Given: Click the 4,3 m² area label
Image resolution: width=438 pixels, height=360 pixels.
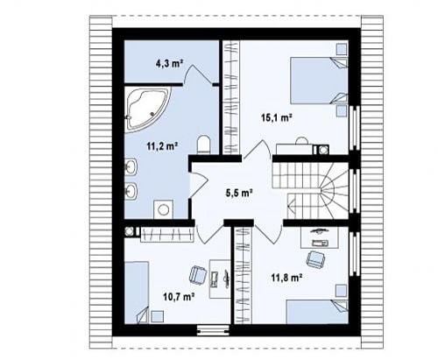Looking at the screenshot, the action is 169,63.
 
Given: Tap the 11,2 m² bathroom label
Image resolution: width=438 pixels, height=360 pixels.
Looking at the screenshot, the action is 162,146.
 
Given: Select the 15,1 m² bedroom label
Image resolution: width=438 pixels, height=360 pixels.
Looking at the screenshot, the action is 276,117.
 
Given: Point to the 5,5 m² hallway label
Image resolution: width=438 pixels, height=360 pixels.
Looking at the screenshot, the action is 238,193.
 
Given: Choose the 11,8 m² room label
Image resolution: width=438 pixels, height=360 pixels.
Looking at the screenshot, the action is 286,278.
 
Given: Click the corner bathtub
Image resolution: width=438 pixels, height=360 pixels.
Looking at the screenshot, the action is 147,109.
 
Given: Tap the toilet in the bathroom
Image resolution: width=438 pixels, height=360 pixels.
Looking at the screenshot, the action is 204,144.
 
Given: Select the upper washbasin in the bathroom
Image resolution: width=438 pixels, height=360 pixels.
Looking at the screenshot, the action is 131,167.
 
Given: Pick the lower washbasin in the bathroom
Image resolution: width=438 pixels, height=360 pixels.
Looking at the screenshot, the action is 131,192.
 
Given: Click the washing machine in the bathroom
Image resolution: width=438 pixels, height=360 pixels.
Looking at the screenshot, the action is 163,209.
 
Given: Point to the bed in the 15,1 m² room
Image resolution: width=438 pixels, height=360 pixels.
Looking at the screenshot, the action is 319,81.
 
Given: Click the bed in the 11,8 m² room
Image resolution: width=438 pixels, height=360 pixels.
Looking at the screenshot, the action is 317,311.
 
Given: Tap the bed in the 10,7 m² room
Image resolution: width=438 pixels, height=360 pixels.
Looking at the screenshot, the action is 137,293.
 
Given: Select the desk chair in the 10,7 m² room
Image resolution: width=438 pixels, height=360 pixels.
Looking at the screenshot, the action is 198,275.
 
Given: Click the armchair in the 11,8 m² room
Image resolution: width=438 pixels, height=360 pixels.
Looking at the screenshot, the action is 314,259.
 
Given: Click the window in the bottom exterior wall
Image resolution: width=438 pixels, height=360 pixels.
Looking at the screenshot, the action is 214,330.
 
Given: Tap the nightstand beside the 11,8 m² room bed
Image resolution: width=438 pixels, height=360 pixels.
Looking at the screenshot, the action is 342,291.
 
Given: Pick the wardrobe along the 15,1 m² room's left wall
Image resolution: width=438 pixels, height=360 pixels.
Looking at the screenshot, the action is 231,97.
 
